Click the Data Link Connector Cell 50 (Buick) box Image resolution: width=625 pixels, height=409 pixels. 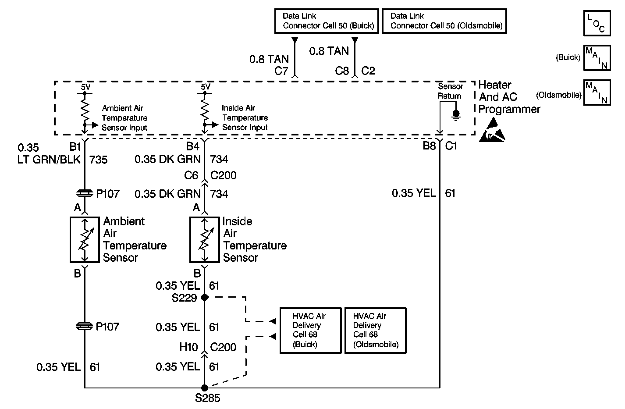tap(326, 21)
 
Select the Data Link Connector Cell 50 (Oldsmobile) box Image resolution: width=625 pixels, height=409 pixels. tap(444, 21)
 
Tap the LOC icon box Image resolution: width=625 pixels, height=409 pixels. tap(597, 23)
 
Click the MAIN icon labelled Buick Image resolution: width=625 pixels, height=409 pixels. tap(597, 57)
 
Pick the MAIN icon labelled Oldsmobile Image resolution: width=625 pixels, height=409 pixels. tap(597, 92)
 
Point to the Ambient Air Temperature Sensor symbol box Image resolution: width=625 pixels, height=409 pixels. tap(85, 239)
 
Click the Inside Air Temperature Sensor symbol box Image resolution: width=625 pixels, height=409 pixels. tap(204, 239)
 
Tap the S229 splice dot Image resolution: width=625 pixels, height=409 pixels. tap(204, 297)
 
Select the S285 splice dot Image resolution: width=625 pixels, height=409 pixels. tap(204, 388)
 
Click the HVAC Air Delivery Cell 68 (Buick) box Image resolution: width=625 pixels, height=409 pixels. tap(310, 330)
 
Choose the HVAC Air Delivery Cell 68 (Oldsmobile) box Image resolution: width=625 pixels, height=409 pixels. tap(375, 330)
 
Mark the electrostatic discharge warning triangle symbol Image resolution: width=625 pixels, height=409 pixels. tap(492, 130)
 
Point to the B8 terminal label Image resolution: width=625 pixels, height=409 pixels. tap(429, 146)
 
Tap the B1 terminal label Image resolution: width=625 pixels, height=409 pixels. tap(75, 146)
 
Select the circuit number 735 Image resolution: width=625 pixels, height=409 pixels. tap(98, 159)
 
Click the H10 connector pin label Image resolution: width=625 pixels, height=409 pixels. tap(189, 347)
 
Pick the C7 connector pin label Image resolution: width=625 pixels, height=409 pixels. tap(281, 71)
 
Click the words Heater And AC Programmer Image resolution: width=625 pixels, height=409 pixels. tap(509, 97)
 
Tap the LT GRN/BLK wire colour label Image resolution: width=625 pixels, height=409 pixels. tap(49, 159)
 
